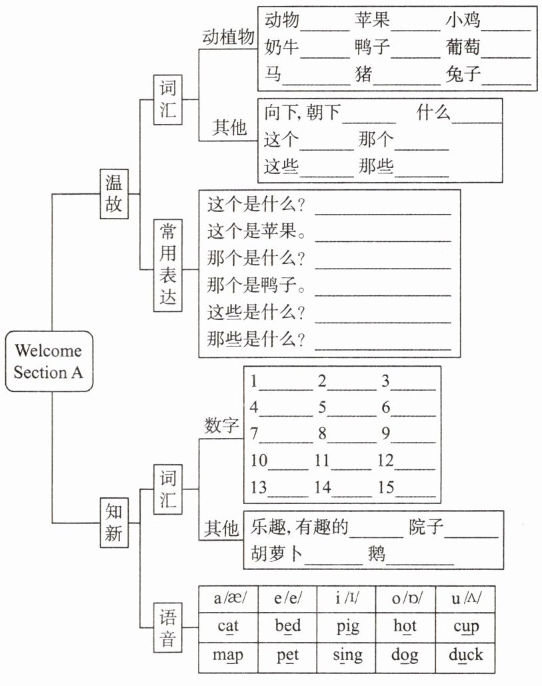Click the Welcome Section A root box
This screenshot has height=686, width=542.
coord(49,361)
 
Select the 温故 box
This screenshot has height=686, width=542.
coord(113,193)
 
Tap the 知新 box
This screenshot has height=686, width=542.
coord(113,522)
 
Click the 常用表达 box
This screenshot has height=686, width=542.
coord(169,265)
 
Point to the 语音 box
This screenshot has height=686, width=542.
coord(169,627)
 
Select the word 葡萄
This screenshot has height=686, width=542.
coord(463,47)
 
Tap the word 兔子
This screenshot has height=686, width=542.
coord(463,73)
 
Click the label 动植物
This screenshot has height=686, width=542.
coord(228,38)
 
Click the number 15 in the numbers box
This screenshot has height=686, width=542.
coord(386,487)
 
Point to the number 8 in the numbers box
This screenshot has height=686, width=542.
coord(323,434)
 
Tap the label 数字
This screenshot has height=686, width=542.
coord(221,425)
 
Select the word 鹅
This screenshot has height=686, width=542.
coord(377,554)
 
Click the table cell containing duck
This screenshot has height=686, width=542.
coord(465,654)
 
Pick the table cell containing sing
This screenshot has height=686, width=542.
coord(347,654)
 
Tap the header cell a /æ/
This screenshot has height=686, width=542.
coord(228,598)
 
